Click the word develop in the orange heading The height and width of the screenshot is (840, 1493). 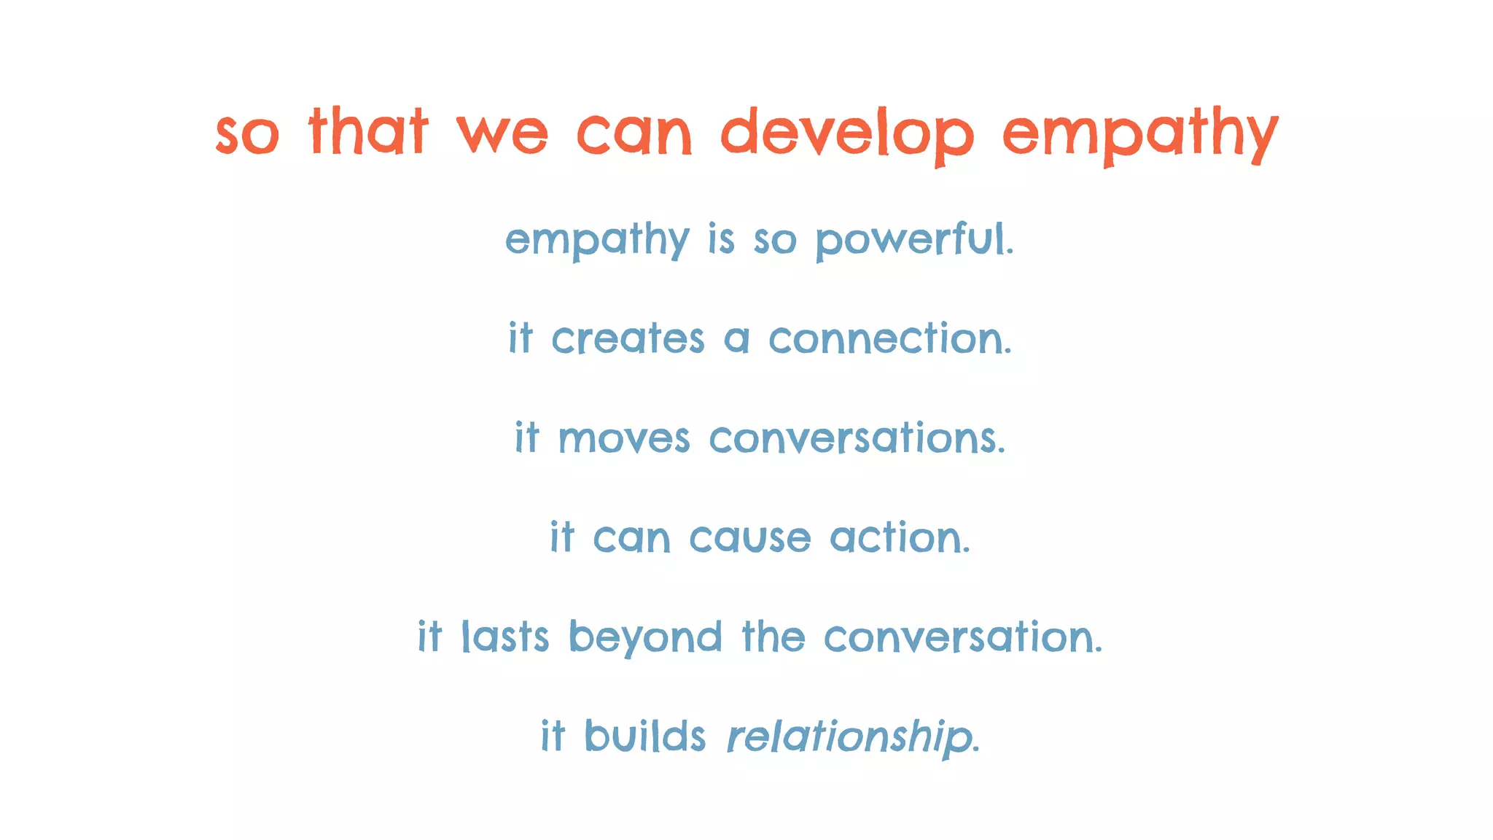click(847, 134)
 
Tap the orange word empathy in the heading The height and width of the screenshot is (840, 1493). click(1140, 134)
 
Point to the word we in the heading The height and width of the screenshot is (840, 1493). click(502, 134)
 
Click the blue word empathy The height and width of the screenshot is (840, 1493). click(597, 240)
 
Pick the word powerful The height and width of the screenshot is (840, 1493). click(914, 240)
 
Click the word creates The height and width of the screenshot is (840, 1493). click(628, 339)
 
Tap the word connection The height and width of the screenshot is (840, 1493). click(890, 339)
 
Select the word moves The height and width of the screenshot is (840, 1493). click(624, 439)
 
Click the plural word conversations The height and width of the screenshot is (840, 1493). click(857, 439)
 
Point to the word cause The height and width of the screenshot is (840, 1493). click(749, 539)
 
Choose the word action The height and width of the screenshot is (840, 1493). click(900, 538)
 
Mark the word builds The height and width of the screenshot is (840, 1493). click(645, 736)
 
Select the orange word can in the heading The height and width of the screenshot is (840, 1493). click(634, 134)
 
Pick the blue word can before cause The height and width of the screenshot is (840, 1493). click(631, 539)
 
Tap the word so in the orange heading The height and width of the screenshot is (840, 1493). click(247, 136)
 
